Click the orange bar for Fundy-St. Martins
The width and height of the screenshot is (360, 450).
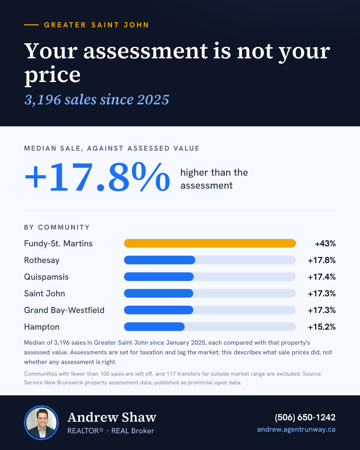[210, 243]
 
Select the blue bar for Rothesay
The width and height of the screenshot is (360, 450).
[160, 260]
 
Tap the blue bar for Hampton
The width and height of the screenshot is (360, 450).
[154, 327]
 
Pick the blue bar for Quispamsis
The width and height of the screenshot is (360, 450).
[159, 277]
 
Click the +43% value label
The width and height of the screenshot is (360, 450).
[325, 244]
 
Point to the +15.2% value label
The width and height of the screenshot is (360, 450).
[322, 327]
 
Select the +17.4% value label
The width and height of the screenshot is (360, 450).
[322, 277]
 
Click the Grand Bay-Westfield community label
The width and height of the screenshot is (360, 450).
[64, 310]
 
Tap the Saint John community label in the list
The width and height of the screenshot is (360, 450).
[45, 294]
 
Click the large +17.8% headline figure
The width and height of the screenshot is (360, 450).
[97, 177]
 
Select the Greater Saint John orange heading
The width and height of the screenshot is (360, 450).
[96, 25]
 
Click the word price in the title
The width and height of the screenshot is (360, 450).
[52, 75]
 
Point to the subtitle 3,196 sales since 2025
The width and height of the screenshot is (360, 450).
[97, 100]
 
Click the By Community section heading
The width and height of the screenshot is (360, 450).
[57, 227]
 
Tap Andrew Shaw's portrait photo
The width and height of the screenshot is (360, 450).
[41, 423]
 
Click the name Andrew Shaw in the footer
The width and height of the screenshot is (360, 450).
[112, 417]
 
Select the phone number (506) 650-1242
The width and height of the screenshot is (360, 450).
[305, 417]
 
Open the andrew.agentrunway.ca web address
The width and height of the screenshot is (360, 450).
[296, 429]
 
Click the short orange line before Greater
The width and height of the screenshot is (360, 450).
[31, 25]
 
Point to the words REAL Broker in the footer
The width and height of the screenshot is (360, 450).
[133, 431]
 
